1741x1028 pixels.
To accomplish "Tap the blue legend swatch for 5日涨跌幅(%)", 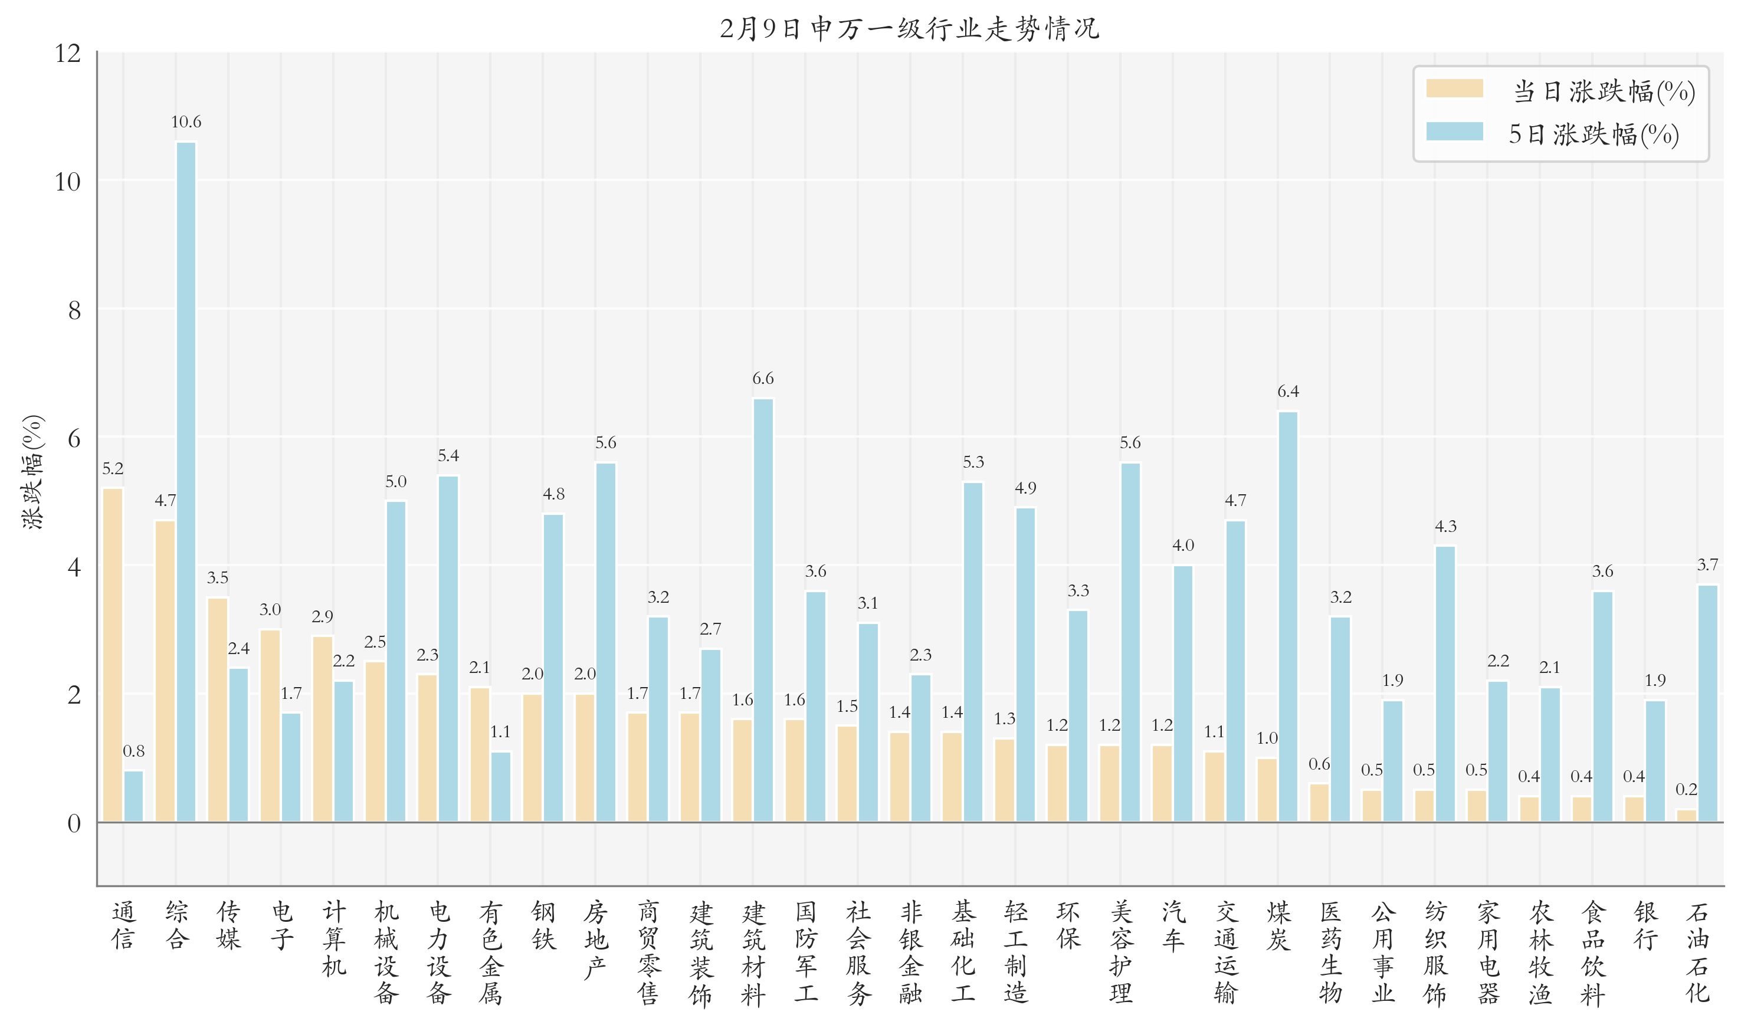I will point(1454,132).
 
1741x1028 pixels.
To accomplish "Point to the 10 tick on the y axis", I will point(67,182).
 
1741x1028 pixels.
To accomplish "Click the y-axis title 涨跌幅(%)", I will point(32,471).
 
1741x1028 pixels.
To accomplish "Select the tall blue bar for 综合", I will point(186,481).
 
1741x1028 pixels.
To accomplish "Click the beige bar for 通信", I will point(112,655).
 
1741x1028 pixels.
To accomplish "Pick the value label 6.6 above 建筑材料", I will point(762,378).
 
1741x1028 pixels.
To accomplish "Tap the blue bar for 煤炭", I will point(1287,616).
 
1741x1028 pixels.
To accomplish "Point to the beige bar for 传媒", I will point(217,710).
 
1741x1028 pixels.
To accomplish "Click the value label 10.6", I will point(186,122).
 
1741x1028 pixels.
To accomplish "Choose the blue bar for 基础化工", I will point(973,651).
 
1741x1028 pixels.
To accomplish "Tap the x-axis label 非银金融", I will point(910,952).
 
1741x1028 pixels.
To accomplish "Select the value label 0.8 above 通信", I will point(134,751).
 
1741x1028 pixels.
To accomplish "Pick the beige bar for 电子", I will point(270,725).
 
